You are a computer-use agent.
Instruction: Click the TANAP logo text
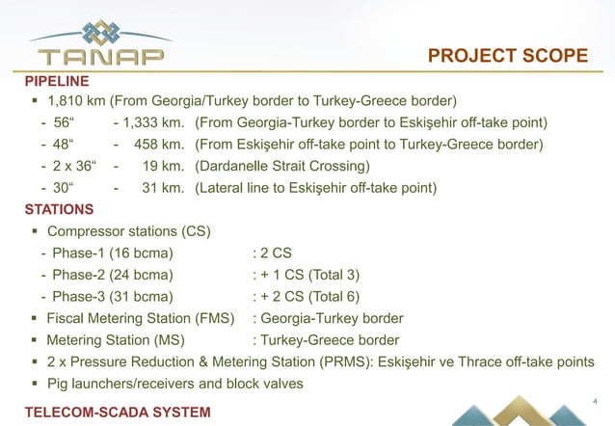tap(92, 55)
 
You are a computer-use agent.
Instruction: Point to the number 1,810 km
tap(75, 100)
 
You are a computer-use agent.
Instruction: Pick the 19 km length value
tap(163, 166)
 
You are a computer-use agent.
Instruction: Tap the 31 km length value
tap(163, 188)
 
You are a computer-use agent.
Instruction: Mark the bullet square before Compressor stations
tap(35, 231)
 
